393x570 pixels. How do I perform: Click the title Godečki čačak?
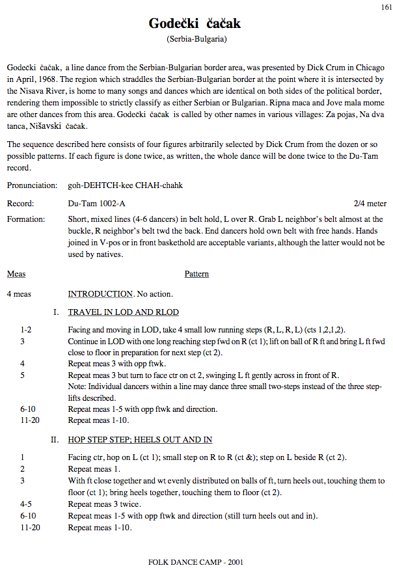pos(195,24)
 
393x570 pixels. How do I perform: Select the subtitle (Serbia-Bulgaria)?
pos(196,40)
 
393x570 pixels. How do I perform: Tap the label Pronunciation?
pos(32,185)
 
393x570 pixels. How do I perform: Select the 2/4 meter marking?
pos(370,204)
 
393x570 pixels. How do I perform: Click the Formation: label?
pos(26,219)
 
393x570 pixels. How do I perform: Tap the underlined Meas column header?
pos(16,274)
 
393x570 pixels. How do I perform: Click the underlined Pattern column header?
pos(197,274)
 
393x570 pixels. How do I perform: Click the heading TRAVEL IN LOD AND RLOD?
pos(124,312)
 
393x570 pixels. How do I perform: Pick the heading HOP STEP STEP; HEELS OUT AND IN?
pos(144,440)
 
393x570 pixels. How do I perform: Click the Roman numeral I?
pos(57,312)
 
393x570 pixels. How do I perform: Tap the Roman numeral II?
pos(55,440)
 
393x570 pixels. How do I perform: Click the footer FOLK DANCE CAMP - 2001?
pos(196,562)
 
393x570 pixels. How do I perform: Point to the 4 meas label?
pos(19,294)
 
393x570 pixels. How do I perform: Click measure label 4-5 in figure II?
pos(26,504)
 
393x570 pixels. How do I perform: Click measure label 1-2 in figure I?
pos(26,330)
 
